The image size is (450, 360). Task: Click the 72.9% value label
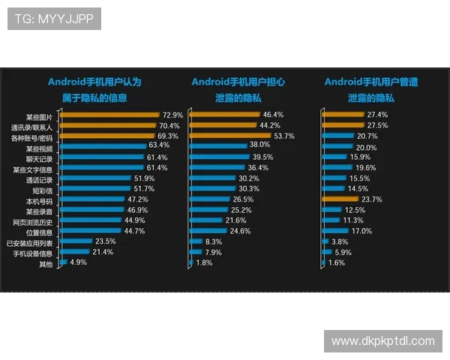click(x=172, y=115)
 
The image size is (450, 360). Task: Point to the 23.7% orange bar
click(x=340, y=199)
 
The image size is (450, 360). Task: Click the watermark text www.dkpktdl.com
click(x=383, y=341)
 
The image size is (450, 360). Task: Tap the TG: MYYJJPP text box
click(x=54, y=19)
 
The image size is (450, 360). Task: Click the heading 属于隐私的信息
click(x=94, y=97)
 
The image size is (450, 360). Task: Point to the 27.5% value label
click(x=377, y=125)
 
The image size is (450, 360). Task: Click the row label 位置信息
click(x=39, y=232)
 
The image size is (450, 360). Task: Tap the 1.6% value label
click(x=337, y=262)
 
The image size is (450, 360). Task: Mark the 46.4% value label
click(x=271, y=114)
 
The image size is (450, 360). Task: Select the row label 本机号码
click(x=39, y=201)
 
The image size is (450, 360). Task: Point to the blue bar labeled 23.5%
click(x=76, y=241)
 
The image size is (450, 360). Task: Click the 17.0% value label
click(x=361, y=231)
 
